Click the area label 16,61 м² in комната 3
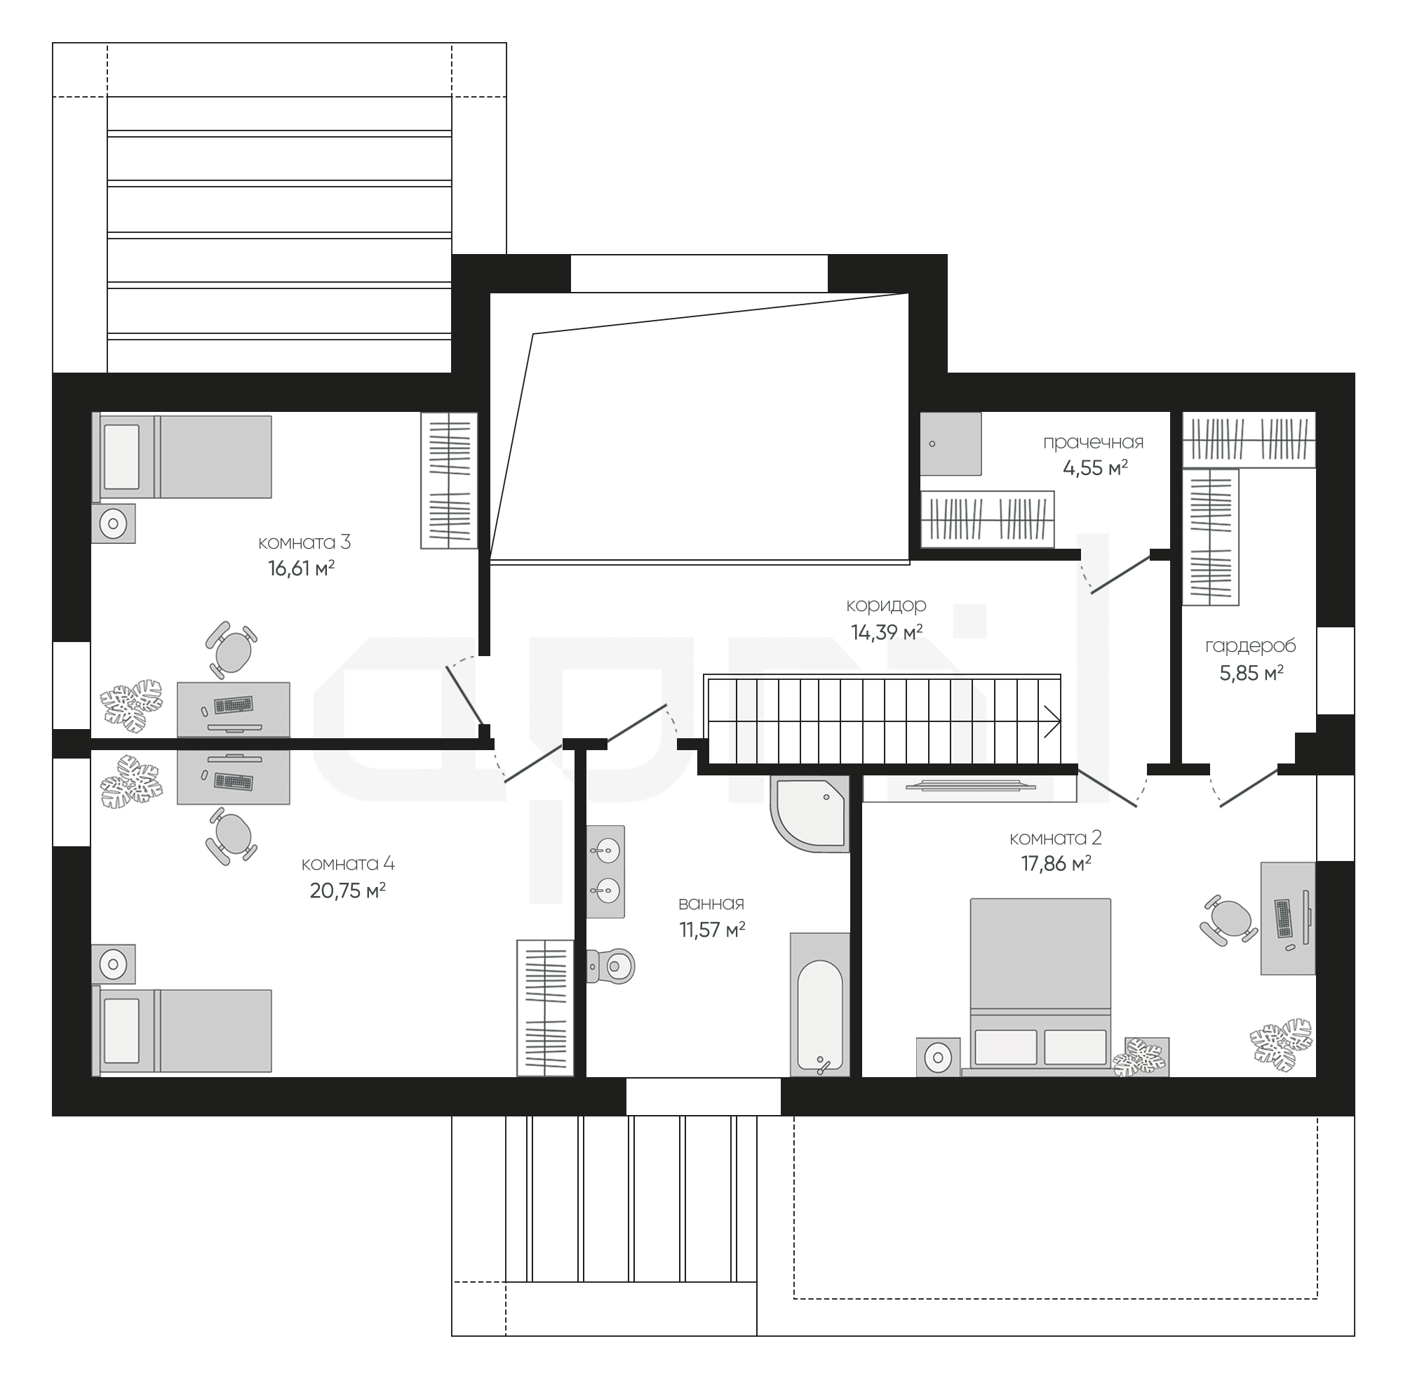pyautogui.click(x=301, y=568)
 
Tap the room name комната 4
pyautogui.click(x=348, y=864)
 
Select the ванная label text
pyautogui.click(x=711, y=904)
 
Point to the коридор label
pyautogui.click(x=886, y=606)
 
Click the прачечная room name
pyautogui.click(x=1093, y=442)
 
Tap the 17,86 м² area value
pyautogui.click(x=1056, y=864)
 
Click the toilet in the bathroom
pyautogui.click(x=610, y=966)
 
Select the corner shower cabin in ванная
pyautogui.click(x=810, y=813)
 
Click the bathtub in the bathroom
pyautogui.click(x=820, y=1004)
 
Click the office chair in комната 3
pyautogui.click(x=231, y=650)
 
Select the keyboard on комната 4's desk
pyautogui.click(x=234, y=782)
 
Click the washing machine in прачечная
pyautogui.click(x=951, y=443)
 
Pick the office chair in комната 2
pyautogui.click(x=1228, y=920)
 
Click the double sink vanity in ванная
pyautogui.click(x=605, y=871)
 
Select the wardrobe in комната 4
pyautogui.click(x=544, y=1008)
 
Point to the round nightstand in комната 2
pyautogui.click(x=938, y=1057)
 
